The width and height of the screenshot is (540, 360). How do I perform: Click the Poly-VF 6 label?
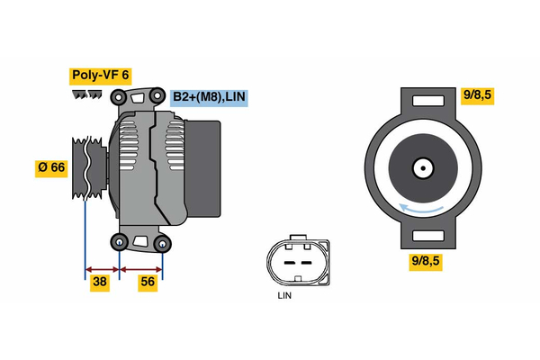pyautogui.click(x=101, y=76)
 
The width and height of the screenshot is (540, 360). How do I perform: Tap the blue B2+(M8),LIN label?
pyautogui.click(x=208, y=96)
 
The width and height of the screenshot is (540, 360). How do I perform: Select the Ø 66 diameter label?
pyautogui.click(x=51, y=167)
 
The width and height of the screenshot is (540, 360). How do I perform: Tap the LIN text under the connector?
pyautogui.click(x=284, y=294)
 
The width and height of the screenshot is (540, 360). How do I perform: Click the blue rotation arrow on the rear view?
pyautogui.click(x=422, y=209)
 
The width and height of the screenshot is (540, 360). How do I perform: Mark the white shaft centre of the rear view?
pyautogui.click(x=422, y=167)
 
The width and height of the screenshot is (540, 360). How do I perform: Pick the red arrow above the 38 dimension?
pyautogui.click(x=102, y=268)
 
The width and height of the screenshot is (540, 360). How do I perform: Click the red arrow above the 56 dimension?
pyautogui.click(x=141, y=268)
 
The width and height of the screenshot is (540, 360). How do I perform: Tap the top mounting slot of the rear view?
pyautogui.click(x=422, y=102)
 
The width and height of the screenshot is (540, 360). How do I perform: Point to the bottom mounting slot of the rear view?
pyautogui.click(x=422, y=236)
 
